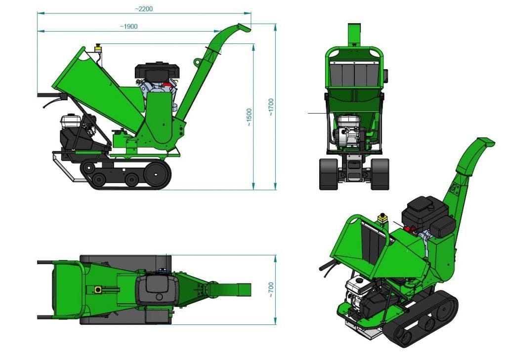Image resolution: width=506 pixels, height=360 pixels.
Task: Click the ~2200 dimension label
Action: click(144, 9)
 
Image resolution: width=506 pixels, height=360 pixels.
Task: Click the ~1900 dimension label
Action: click(128, 27)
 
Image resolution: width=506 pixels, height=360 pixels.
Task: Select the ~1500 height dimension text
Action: click(249, 117)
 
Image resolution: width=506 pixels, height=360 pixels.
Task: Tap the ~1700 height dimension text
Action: click(271, 107)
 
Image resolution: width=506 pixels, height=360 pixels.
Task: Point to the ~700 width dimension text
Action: click(271, 290)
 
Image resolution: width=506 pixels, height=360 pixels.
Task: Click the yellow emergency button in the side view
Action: click(97, 48)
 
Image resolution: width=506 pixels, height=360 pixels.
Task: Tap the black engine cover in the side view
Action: click(157, 71)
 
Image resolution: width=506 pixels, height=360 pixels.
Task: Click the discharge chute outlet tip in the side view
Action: click(244, 28)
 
